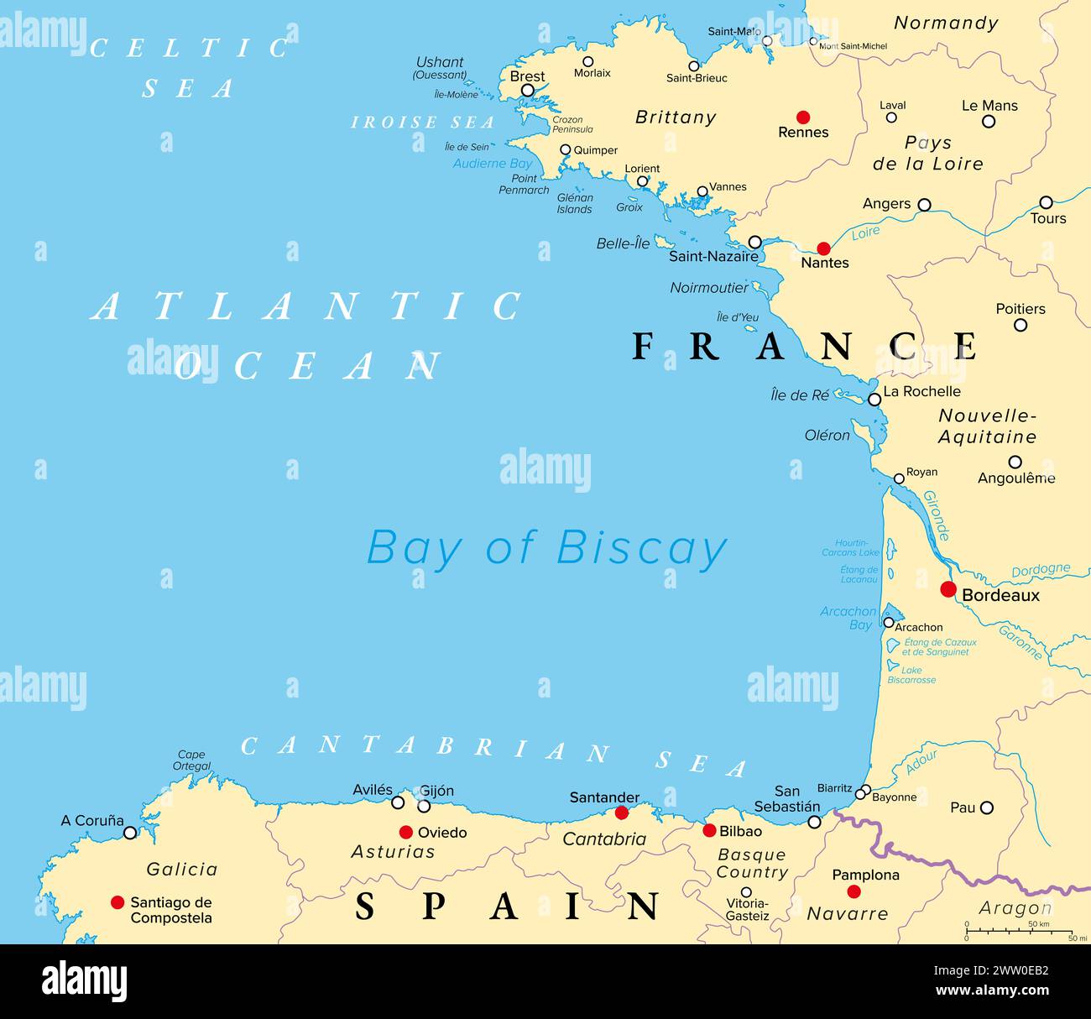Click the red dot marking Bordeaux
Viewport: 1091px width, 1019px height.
coord(948,589)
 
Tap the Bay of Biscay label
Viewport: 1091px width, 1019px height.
coord(546,547)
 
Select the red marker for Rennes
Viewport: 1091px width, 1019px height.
coord(803,117)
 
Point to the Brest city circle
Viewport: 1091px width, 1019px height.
coord(528,91)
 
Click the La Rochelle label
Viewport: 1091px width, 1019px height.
coord(921,391)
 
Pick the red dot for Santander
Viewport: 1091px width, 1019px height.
coord(622,813)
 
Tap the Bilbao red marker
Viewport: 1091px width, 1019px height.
coord(709,830)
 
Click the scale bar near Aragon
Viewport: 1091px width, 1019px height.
coord(1019,931)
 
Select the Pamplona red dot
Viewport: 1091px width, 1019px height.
coord(853,891)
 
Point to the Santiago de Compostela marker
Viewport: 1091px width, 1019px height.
coord(117,902)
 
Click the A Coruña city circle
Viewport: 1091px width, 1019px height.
coord(130,833)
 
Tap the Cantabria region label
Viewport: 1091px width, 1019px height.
coord(604,839)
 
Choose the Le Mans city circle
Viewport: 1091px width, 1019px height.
coord(989,122)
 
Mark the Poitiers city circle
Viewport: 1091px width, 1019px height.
coord(1021,325)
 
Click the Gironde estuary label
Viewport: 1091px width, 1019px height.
coord(936,515)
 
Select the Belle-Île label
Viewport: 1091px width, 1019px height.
coord(623,243)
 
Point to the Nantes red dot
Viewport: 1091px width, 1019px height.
coord(823,248)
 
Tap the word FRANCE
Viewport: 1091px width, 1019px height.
coord(805,347)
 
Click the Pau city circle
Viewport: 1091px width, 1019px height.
coord(987,807)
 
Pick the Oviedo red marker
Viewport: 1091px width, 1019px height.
coord(406,832)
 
